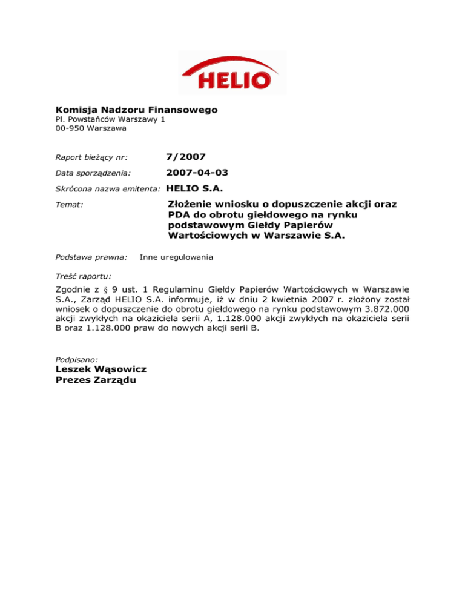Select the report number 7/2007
[185, 157]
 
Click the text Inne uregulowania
[176, 257]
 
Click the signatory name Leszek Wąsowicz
[101, 369]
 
